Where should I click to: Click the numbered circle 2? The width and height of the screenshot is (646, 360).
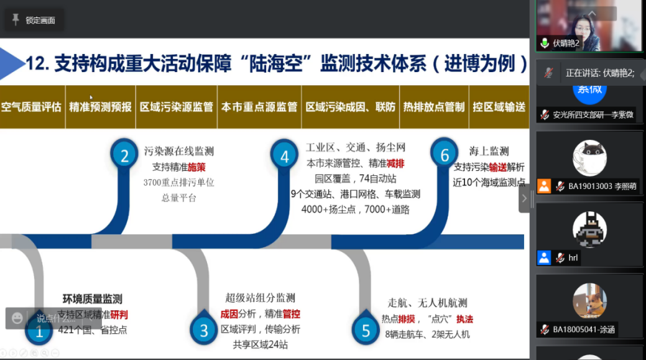[x=124, y=155]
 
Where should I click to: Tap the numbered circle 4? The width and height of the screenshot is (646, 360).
[x=285, y=155]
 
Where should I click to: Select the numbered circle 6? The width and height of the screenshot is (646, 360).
[x=445, y=154]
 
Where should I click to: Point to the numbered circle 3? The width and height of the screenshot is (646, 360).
[x=204, y=331]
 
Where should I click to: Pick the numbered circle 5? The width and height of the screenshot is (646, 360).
[x=366, y=331]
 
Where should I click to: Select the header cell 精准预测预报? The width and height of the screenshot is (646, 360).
[x=101, y=107]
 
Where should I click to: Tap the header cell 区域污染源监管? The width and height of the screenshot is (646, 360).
[x=177, y=107]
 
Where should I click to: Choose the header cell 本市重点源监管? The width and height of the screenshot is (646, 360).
[x=259, y=107]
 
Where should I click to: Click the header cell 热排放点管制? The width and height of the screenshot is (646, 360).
[x=433, y=107]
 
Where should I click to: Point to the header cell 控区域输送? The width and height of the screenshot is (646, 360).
[x=499, y=107]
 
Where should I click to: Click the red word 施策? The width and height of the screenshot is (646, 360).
[x=196, y=167]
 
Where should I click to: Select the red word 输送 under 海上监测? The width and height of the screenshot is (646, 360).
[x=498, y=167]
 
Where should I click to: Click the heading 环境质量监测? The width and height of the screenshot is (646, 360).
[x=93, y=299]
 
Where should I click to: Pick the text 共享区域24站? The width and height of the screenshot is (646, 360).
[x=260, y=344]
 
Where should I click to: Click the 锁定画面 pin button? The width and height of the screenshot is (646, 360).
[x=34, y=21]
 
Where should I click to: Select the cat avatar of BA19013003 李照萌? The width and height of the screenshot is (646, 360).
[x=589, y=158]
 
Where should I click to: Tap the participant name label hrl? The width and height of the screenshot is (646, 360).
[x=572, y=257]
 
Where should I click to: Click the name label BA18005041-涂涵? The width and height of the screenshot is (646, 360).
[x=583, y=330]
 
